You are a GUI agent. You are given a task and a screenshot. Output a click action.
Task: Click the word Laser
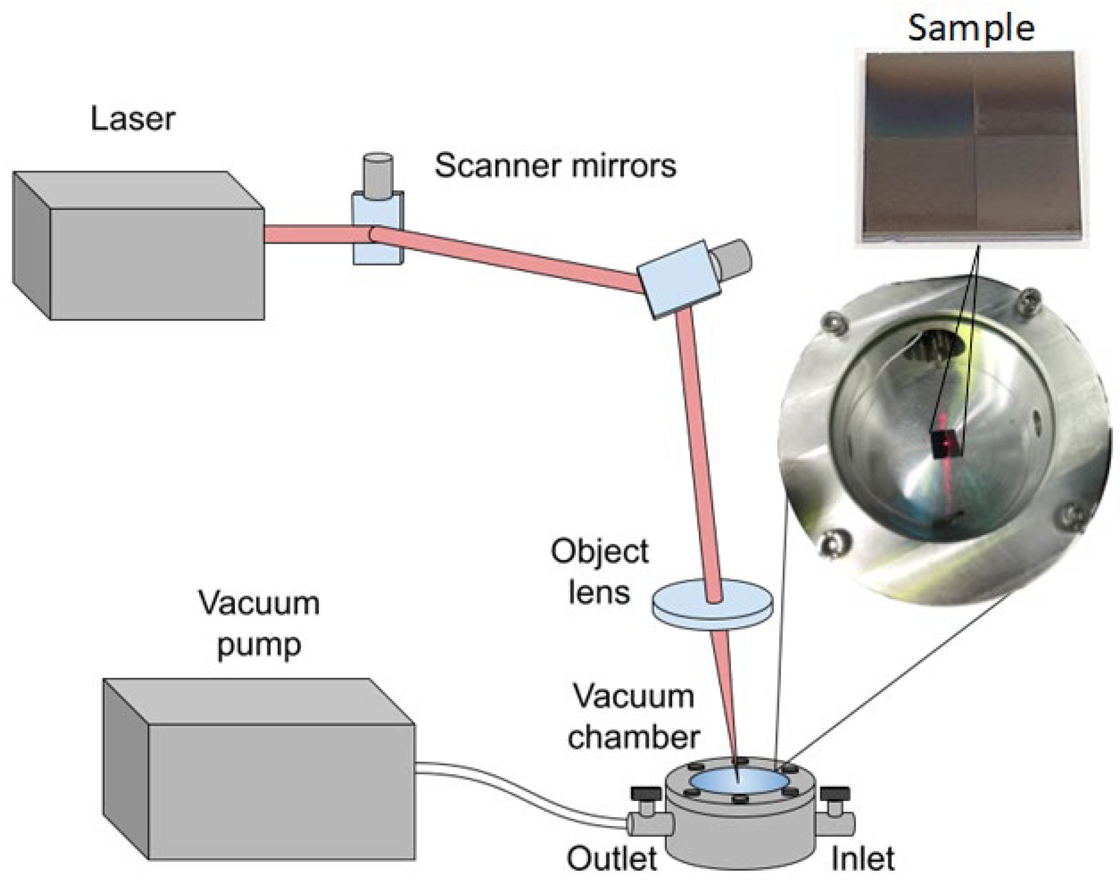[132, 119]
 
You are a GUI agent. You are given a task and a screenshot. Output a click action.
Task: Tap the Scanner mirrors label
[555, 166]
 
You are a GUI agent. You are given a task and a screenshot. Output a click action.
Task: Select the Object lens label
[599, 572]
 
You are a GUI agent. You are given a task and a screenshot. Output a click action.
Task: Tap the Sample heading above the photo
[971, 28]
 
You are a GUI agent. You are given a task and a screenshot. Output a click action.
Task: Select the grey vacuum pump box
[280, 793]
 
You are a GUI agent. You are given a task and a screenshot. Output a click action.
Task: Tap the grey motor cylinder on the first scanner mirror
[378, 176]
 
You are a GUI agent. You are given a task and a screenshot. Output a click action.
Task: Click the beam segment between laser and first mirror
[308, 234]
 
